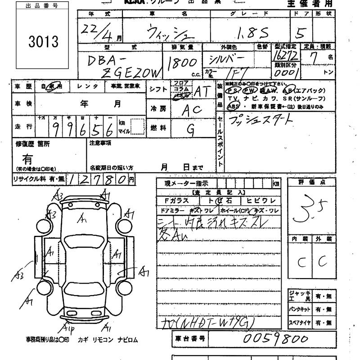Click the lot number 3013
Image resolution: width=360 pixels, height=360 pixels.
coord(43,42)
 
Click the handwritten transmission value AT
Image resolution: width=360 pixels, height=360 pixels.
coord(202,92)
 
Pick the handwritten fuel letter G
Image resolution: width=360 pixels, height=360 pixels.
coord(191,130)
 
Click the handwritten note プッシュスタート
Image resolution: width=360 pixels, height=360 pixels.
coord(260,120)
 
